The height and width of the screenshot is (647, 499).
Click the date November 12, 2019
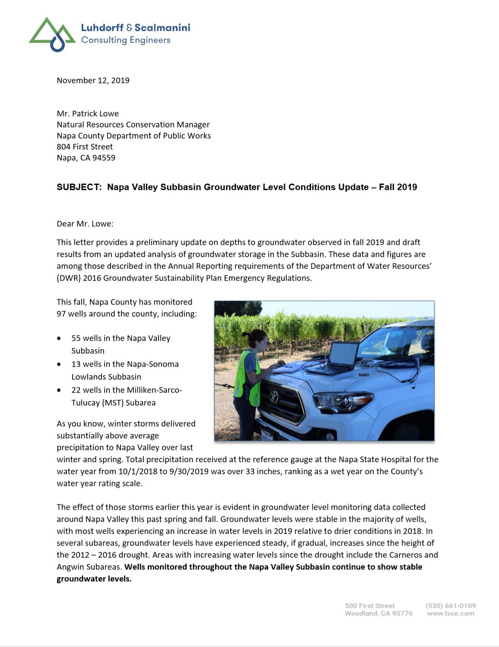tap(93, 80)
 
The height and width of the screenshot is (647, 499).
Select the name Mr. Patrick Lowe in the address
tap(88, 114)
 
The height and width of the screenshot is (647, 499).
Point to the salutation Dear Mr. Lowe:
tap(85, 224)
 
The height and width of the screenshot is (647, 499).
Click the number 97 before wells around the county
tap(61, 314)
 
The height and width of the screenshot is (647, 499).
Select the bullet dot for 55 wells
tap(59, 339)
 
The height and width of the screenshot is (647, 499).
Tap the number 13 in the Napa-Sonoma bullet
tap(76, 364)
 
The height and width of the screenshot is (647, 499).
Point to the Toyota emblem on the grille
tap(274, 396)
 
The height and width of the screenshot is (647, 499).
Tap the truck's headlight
tap(343, 401)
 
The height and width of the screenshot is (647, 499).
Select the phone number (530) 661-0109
tap(451, 606)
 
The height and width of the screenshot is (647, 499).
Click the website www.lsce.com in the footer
tap(451, 613)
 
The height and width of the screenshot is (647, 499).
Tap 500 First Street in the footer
tap(370, 606)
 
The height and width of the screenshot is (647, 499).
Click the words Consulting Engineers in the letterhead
tap(126, 40)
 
